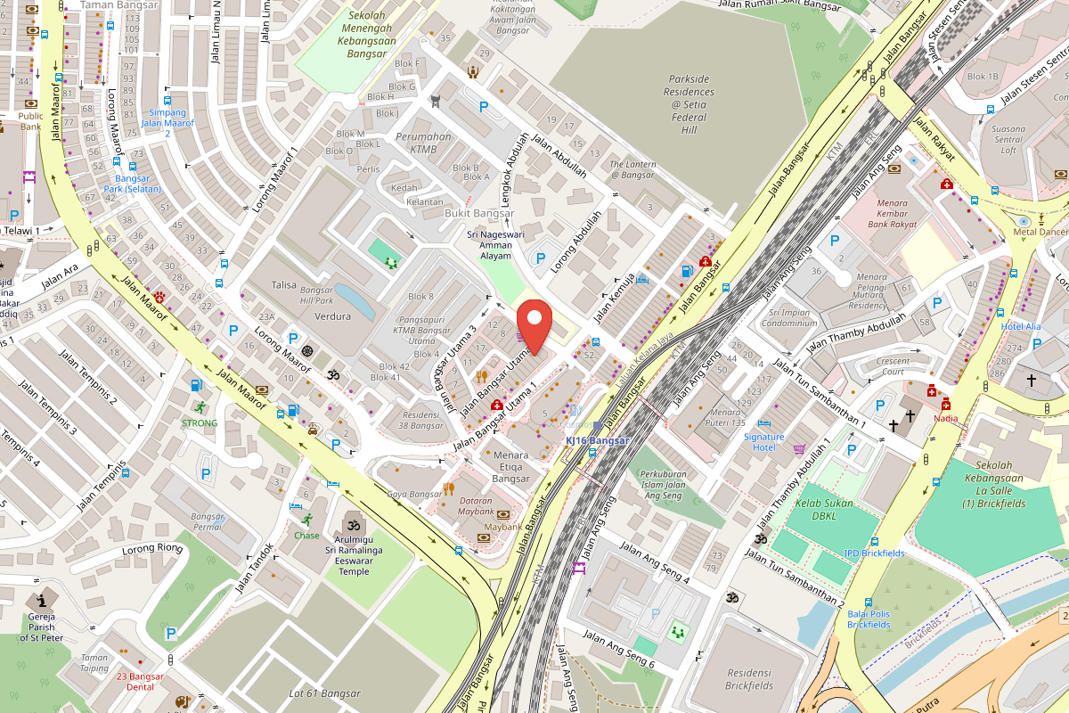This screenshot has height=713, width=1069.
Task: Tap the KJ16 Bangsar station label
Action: click(x=596, y=440)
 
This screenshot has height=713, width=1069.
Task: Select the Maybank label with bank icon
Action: click(x=503, y=527)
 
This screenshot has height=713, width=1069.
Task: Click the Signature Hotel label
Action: click(x=763, y=441)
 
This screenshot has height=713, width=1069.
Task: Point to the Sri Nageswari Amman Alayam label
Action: click(x=490, y=245)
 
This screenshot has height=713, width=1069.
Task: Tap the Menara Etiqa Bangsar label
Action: click(x=510, y=467)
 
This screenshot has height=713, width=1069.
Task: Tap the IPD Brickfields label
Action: click(x=874, y=553)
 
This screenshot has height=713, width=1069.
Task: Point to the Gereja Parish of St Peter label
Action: click(x=41, y=627)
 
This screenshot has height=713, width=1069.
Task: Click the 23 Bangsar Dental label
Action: click(x=141, y=682)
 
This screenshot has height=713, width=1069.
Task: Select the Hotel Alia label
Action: click(x=1020, y=326)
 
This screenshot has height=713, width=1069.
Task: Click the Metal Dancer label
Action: click(x=1040, y=233)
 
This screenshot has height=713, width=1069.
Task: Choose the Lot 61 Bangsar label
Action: click(x=324, y=693)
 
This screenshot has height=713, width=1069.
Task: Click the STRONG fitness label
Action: click(x=200, y=422)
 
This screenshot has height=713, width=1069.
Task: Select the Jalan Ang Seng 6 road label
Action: click(x=618, y=650)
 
